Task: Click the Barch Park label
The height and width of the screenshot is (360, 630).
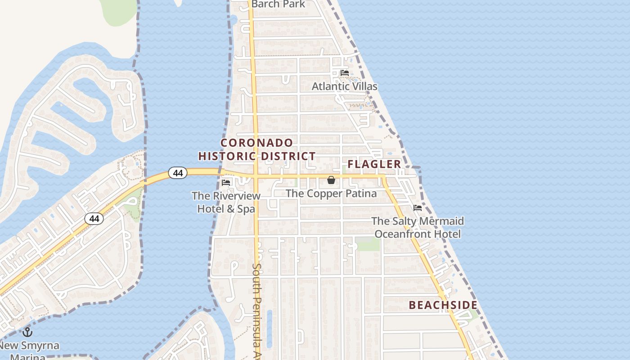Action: [278, 4]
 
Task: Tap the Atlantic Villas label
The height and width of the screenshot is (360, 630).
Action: [345, 86]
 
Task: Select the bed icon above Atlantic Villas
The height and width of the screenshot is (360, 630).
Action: [345, 72]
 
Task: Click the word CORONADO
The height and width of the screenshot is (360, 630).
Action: [257, 143]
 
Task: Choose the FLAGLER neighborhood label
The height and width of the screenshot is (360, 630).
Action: [374, 164]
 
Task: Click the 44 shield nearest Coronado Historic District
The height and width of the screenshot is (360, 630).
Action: [178, 172]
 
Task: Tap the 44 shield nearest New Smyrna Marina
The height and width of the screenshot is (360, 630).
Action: [94, 219]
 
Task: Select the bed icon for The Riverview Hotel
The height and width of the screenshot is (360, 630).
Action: [226, 182]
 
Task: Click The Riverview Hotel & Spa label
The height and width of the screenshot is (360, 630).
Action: [226, 202]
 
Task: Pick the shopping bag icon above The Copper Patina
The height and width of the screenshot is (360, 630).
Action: [331, 180]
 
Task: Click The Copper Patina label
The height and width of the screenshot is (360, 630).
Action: [331, 193]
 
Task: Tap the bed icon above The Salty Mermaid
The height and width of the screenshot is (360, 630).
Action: [418, 208]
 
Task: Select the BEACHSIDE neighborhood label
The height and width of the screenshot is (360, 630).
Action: [443, 305]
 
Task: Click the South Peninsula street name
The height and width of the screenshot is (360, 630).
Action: [256, 310]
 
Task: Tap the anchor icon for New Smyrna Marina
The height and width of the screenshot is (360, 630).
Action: [28, 332]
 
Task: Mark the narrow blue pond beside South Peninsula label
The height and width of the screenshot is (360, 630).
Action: [270, 328]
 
